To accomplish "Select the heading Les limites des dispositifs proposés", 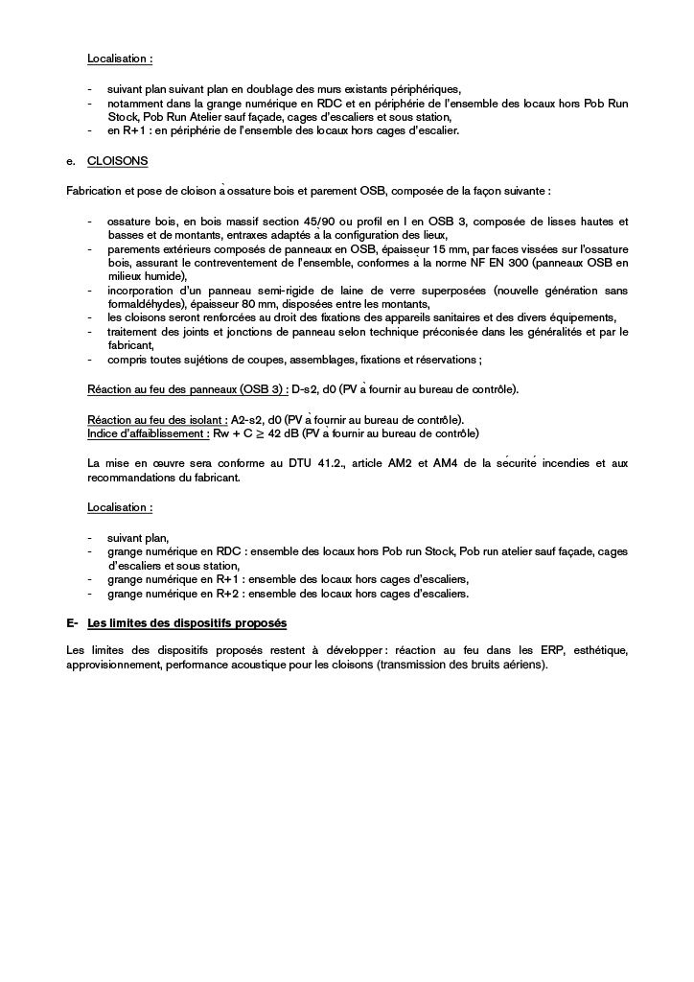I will pos(186,624).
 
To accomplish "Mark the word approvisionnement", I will pos(113,666).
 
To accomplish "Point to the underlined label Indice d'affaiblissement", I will pos(148,433).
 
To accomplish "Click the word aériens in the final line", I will pos(523,666).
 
